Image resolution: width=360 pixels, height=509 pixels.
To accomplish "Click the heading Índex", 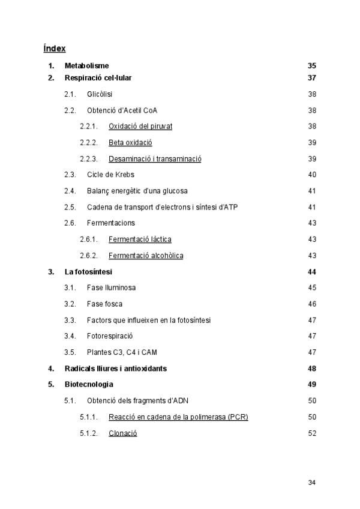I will pyautogui.click(x=55, y=48).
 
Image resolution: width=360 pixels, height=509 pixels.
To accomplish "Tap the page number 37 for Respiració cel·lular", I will pyautogui.click(x=311, y=78).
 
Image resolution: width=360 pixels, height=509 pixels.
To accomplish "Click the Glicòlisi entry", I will pyautogui.click(x=100, y=94).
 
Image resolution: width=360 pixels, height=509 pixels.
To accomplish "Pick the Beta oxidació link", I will pyautogui.click(x=130, y=143).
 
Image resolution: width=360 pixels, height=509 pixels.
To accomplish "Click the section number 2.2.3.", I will pyautogui.click(x=89, y=159).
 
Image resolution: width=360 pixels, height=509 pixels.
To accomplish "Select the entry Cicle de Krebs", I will pyautogui.click(x=110, y=175).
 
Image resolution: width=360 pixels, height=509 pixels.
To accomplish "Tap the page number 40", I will pyautogui.click(x=311, y=175).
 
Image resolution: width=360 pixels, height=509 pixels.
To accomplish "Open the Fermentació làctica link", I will pyautogui.click(x=140, y=239).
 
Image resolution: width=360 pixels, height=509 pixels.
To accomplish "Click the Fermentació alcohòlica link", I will pyautogui.click(x=146, y=256).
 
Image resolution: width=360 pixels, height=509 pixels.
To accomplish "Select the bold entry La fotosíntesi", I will pyautogui.click(x=88, y=272).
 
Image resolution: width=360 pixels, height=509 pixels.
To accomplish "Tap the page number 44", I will pyautogui.click(x=311, y=272).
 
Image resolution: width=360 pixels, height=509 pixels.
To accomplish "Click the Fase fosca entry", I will pyautogui.click(x=104, y=304).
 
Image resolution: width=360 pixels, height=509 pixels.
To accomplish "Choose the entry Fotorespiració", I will pyautogui.click(x=110, y=336).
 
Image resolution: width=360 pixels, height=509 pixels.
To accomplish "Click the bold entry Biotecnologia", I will pyautogui.click(x=89, y=384).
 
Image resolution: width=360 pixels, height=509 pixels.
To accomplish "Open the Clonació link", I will pyautogui.click(x=123, y=433).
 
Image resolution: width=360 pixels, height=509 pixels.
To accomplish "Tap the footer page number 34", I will pyautogui.click(x=311, y=482).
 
